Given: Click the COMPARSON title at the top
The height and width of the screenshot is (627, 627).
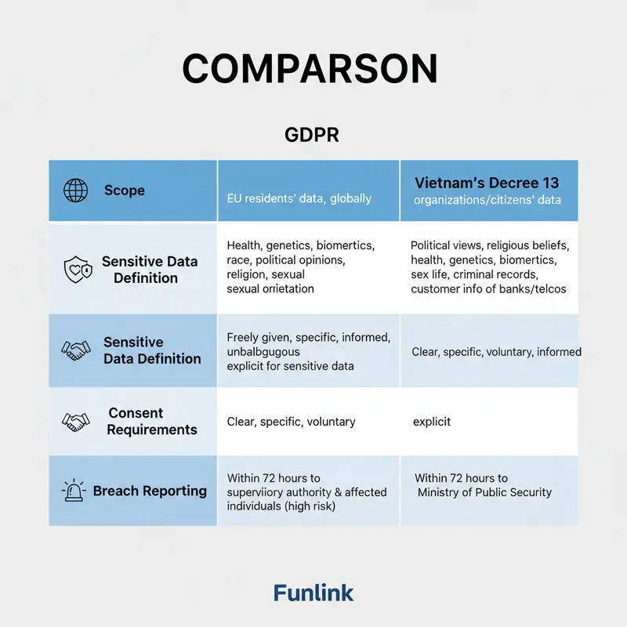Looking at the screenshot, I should click(310, 69).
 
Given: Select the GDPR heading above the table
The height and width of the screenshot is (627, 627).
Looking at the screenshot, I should click(311, 134).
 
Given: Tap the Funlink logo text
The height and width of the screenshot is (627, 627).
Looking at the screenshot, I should click(313, 593).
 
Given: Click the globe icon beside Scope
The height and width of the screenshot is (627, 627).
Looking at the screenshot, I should click(75, 190).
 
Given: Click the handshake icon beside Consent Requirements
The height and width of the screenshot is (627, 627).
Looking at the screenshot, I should click(76, 422).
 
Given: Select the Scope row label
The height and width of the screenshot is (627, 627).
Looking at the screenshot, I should click(124, 190).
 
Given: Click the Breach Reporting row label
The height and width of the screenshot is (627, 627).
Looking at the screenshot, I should click(150, 491).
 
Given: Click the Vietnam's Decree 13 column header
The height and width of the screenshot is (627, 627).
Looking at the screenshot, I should click(487, 183).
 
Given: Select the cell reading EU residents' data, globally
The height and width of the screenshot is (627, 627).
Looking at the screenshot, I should click(299, 198).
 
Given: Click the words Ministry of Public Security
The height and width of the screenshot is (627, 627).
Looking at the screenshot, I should click(484, 492).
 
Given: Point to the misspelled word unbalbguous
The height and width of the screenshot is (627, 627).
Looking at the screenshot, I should click(259, 352).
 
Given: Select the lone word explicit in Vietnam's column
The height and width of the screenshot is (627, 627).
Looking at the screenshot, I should click(432, 422).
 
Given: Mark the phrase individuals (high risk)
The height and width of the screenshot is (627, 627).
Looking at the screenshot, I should click(281, 506).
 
